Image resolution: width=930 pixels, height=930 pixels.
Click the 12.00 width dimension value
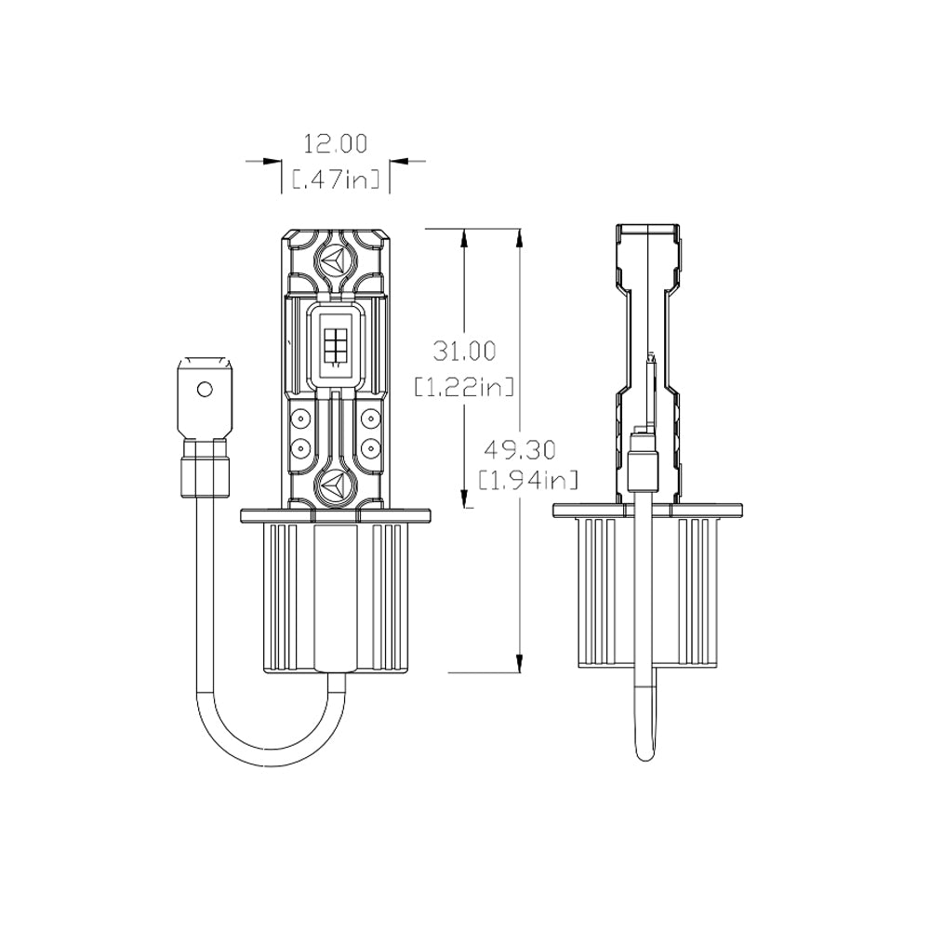pyautogui.click(x=336, y=143)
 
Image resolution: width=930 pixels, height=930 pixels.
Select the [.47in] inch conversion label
pyautogui.click(x=336, y=179)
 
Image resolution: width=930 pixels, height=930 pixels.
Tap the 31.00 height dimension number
pyautogui.click(x=464, y=351)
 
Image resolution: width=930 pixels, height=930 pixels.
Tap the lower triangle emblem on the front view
pyautogui.click(x=335, y=484)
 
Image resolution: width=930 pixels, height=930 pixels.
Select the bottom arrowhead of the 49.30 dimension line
pyautogui.click(x=519, y=661)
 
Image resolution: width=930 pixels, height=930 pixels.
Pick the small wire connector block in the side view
pyautogui.click(x=643, y=465)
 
